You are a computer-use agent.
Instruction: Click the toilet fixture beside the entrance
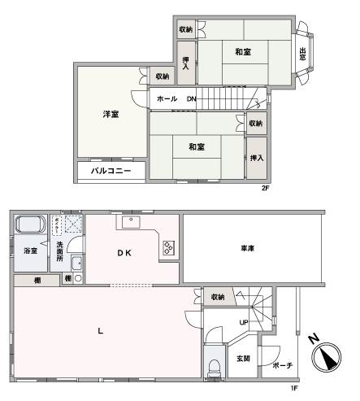click(215, 368)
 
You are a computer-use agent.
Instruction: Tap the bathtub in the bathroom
click(30, 224)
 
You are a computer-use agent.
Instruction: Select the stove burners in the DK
click(168, 248)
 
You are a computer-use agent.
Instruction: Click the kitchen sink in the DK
click(131, 222)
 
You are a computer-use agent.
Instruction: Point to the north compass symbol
click(326, 356)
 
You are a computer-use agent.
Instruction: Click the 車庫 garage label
click(248, 248)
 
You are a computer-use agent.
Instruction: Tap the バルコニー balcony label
click(111, 171)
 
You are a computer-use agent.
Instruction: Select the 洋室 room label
click(111, 114)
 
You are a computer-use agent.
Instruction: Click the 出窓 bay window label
click(302, 54)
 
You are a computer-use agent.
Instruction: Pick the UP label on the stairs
click(244, 322)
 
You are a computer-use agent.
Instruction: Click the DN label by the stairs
click(191, 99)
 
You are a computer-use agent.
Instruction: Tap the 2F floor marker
click(266, 188)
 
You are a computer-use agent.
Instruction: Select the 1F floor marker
click(294, 388)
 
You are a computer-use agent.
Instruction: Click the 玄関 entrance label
click(243, 359)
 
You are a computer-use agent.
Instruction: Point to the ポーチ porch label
click(283, 365)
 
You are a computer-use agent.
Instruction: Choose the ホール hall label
click(167, 98)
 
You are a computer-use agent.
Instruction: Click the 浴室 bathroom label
click(30, 251)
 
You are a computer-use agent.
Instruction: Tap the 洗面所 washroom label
click(59, 251)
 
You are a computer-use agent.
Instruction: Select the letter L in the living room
click(101, 331)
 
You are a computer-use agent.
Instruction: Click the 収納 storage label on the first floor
click(218, 297)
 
